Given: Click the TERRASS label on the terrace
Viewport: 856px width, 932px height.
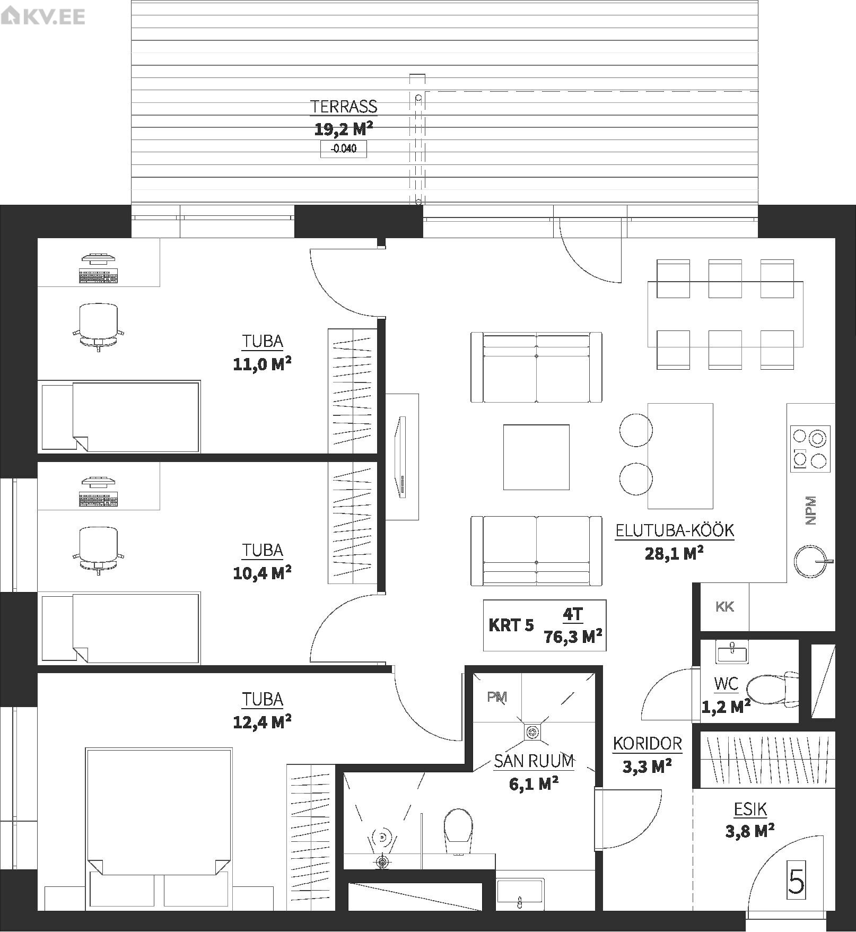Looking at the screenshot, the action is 344,107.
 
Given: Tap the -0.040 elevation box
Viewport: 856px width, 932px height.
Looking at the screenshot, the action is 344,149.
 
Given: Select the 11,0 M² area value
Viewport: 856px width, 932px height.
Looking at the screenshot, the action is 262,364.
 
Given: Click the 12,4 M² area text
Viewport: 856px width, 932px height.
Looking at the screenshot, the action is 262,721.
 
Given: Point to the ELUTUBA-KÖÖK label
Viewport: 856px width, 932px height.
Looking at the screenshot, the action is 675,530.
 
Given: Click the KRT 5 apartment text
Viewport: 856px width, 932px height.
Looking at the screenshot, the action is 511,625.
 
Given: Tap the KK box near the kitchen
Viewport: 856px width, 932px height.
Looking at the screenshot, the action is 724,607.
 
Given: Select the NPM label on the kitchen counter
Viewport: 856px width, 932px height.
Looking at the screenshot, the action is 810,510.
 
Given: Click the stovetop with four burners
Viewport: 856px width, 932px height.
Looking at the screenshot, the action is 810,449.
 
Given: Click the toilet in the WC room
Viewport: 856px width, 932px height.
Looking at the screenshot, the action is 772,689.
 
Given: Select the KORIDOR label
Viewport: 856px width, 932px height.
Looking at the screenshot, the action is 647,744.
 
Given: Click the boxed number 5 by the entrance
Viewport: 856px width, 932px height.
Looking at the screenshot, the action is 796,881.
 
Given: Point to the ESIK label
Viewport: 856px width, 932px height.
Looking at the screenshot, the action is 750,809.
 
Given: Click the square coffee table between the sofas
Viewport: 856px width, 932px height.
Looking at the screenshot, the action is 536,457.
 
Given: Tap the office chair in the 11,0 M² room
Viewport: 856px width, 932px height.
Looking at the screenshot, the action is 99,327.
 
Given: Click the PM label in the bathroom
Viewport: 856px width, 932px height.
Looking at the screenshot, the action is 497,697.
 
